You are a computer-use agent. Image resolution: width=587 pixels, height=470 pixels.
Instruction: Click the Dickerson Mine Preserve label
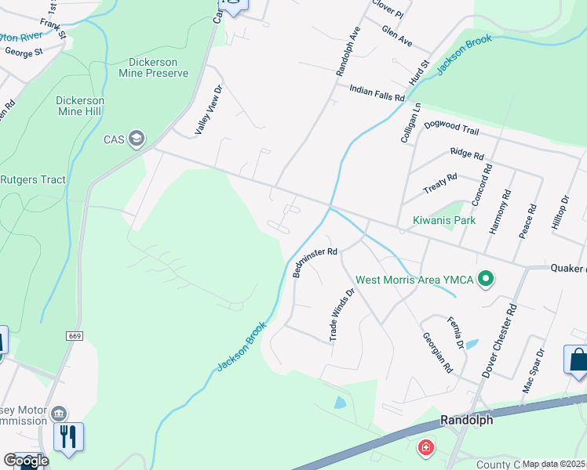click(159, 67)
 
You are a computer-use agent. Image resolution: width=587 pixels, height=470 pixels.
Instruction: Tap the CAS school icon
click(137, 139)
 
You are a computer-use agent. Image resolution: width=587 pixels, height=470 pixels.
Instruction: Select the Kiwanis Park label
click(444, 221)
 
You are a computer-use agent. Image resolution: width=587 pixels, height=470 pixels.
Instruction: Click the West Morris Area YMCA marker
click(486, 279)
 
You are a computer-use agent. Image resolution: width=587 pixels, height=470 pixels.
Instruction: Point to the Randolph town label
click(466, 420)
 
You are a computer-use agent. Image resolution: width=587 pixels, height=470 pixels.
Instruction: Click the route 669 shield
click(75, 336)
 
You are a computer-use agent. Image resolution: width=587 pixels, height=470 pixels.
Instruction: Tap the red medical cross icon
click(425, 447)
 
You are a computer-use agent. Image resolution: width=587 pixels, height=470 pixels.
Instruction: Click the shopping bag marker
click(578, 360)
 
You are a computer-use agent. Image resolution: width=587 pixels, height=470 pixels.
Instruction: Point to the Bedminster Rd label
click(314, 262)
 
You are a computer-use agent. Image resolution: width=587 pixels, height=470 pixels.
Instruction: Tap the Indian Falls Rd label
click(377, 93)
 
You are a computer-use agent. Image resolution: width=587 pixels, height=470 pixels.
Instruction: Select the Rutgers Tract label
click(31, 179)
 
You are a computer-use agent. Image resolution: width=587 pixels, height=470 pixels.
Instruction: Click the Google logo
click(26, 461)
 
